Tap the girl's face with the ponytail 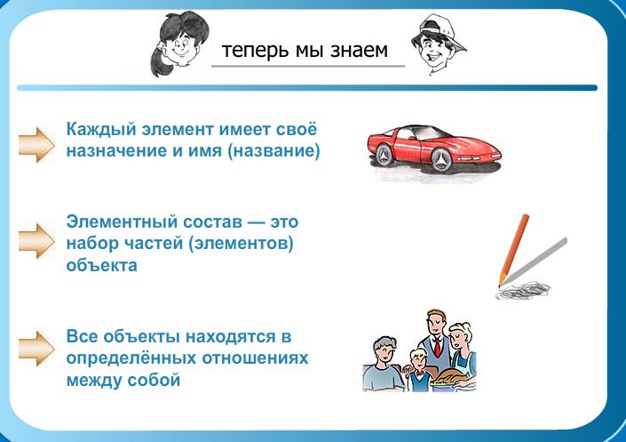[178, 46]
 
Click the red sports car [434, 150]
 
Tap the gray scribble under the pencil [523, 290]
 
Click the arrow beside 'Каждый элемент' [36, 144]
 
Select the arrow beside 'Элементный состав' [36, 240]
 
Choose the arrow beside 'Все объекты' [36, 349]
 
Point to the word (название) [273, 151]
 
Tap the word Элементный [122, 221]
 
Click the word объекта [102, 265]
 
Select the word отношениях [255, 358]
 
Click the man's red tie [438, 347]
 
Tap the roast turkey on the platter [448, 377]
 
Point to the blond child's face [419, 361]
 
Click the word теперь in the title [255, 51]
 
